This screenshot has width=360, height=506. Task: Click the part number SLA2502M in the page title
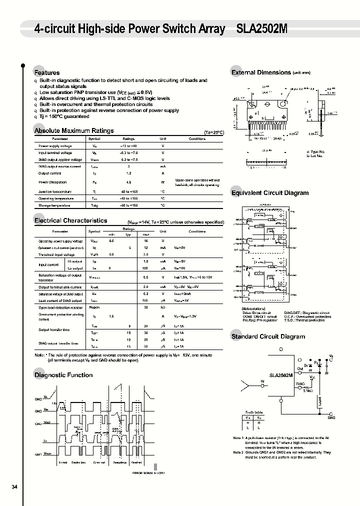pyautogui.click(x=261, y=29)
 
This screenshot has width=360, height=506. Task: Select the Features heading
pyautogui.click(x=46, y=72)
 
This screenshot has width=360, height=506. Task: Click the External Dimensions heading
pyautogui.click(x=261, y=72)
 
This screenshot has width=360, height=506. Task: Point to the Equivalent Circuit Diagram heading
pyautogui.click(x=269, y=193)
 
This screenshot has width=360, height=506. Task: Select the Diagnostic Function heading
pyautogui.click(x=63, y=375)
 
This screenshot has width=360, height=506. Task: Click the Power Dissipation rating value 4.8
pyautogui.click(x=128, y=182)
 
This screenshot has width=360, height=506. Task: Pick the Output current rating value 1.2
pyautogui.click(x=128, y=173)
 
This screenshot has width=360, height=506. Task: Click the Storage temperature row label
pyautogui.click(x=54, y=205)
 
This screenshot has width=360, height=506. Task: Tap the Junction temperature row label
pyautogui.click(x=55, y=192)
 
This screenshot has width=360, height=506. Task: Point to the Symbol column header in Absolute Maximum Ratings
pyautogui.click(x=94, y=138)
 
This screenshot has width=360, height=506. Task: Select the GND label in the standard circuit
pyautogui.click(x=331, y=417)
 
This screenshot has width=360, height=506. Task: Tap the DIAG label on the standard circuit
pyautogui.click(x=300, y=384)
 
